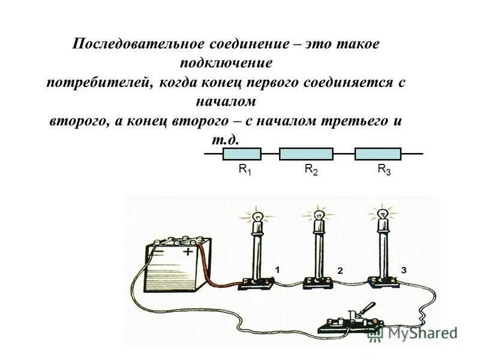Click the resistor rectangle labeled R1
click(242, 154)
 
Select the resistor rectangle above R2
click(306, 154)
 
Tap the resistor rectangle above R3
click(378, 154)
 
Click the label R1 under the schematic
click(245, 170)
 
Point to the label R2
click(311, 170)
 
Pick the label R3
click(384, 170)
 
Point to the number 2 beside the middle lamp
click(339, 271)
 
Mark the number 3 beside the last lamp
click(404, 271)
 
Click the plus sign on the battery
click(188, 252)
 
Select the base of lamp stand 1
click(257, 284)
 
